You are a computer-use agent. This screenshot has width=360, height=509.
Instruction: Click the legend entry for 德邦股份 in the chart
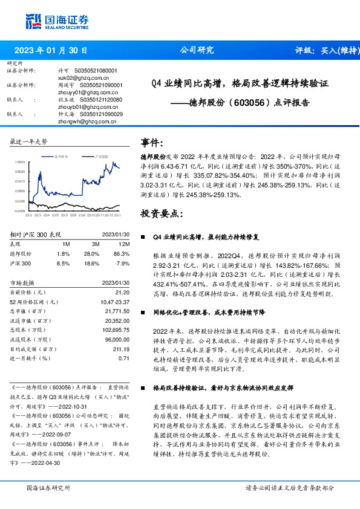coord(62,156)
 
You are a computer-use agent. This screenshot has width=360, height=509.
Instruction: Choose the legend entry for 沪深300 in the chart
coord(100,156)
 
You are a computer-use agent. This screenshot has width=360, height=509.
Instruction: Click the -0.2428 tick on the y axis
coord(19,211)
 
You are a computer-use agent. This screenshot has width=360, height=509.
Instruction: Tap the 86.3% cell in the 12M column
coord(121,254)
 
